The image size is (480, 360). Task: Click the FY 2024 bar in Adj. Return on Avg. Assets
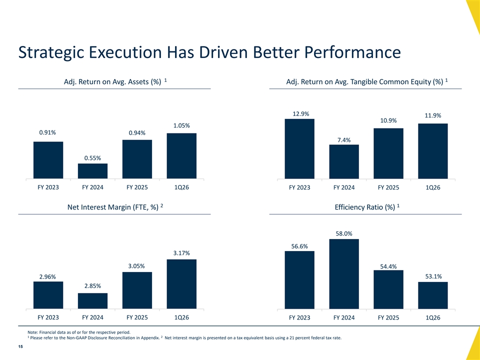[x=93, y=171]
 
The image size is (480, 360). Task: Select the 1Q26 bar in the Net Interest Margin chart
[x=181, y=284]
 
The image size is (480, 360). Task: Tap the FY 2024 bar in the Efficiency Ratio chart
[x=344, y=274]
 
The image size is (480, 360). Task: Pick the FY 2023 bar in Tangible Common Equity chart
[x=299, y=149]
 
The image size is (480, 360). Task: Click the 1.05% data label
[x=181, y=125]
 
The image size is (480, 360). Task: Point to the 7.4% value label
[x=344, y=140]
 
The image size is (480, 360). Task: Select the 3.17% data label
[x=181, y=253]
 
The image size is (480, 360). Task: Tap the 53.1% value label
[x=433, y=276]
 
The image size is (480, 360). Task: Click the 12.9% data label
[x=301, y=114]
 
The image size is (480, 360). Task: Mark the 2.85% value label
[x=93, y=286]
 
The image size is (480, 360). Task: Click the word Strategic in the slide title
[x=51, y=52]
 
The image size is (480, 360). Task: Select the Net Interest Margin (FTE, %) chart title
[x=115, y=207]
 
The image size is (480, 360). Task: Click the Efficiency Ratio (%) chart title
[x=367, y=207]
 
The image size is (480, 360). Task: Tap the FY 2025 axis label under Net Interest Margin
[x=137, y=317]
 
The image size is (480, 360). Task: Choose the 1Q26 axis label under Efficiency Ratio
[x=433, y=318]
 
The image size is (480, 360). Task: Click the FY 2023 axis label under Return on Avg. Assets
[x=48, y=187]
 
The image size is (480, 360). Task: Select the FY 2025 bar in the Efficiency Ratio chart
[x=388, y=289]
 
